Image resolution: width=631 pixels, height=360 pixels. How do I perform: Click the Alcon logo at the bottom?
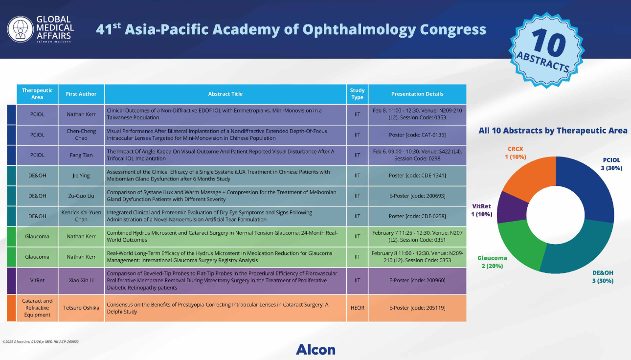pyautogui.click(x=315, y=349)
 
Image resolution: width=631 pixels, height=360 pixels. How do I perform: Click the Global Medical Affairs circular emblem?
pyautogui.click(x=20, y=29)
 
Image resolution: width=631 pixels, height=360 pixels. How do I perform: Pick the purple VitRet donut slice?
pyautogui.click(x=511, y=208)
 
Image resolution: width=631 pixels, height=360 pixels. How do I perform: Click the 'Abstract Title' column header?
pyautogui.click(x=225, y=94)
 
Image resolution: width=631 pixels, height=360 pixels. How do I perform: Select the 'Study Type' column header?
pyautogui.click(x=357, y=94)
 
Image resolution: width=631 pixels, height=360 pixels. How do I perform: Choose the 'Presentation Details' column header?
pyautogui.click(x=417, y=94)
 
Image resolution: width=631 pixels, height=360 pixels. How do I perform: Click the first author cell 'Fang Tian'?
pyautogui.click(x=81, y=155)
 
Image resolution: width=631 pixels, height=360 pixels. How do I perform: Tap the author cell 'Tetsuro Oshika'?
pyautogui.click(x=81, y=308)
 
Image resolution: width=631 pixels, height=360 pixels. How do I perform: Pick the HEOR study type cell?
pyautogui.click(x=357, y=308)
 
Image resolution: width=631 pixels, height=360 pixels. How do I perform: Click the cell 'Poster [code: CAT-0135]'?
pyautogui.click(x=417, y=135)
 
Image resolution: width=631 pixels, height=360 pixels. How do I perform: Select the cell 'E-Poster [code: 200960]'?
pyautogui.click(x=417, y=281)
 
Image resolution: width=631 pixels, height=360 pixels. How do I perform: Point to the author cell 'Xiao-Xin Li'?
pyautogui.click(x=81, y=281)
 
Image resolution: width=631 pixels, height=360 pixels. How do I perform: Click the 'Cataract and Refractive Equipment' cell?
pyautogui.click(x=37, y=308)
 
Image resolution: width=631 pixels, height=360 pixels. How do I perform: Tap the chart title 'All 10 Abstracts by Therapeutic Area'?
pyautogui.click(x=553, y=131)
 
